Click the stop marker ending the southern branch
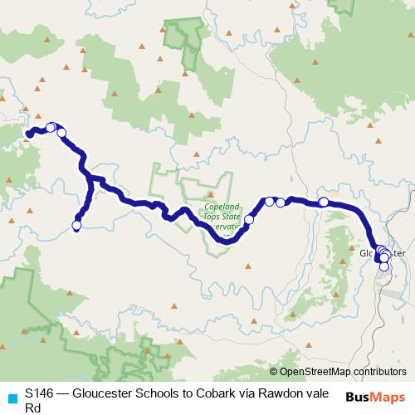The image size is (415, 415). click(x=77, y=225)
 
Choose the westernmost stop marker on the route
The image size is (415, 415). click(x=50, y=127)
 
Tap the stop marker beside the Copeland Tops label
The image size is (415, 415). click(x=248, y=220)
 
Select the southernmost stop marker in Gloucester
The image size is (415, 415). click(x=384, y=266)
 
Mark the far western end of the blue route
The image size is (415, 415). click(x=28, y=134)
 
